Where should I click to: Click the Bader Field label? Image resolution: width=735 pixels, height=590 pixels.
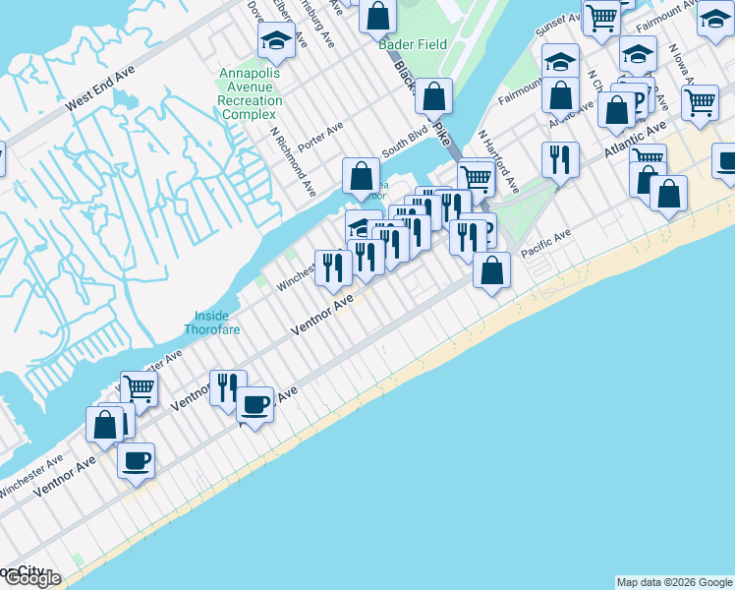(414, 44)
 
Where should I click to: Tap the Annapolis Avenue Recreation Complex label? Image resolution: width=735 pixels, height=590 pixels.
(250, 94)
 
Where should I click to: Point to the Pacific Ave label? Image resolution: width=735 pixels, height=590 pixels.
(546, 244)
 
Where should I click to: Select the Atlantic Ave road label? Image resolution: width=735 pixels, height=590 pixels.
(636, 142)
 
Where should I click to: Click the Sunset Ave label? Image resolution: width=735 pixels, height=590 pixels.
(561, 25)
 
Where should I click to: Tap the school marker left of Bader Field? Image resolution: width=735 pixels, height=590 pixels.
(277, 40)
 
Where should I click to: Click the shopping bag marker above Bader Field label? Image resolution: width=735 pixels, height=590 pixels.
(377, 15)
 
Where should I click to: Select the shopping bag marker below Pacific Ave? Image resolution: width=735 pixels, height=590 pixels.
(491, 269)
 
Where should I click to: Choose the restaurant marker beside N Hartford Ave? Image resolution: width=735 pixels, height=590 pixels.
(560, 158)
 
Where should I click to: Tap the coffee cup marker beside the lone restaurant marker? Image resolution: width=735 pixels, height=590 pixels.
(255, 403)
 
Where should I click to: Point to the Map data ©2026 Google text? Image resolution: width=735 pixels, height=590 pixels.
(674, 582)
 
